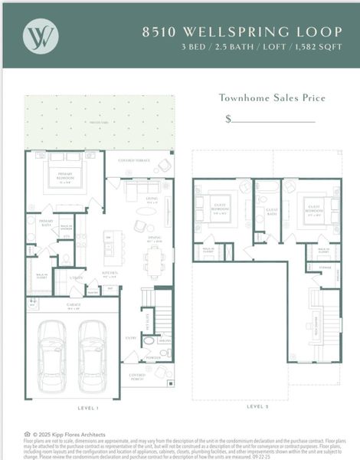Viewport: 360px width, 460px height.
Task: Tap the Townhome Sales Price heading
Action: click(272, 97)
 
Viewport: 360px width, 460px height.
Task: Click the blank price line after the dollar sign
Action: click(273, 120)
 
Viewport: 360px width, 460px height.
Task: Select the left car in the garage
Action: click(51, 354)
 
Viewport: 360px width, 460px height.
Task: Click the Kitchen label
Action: click(110, 273)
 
